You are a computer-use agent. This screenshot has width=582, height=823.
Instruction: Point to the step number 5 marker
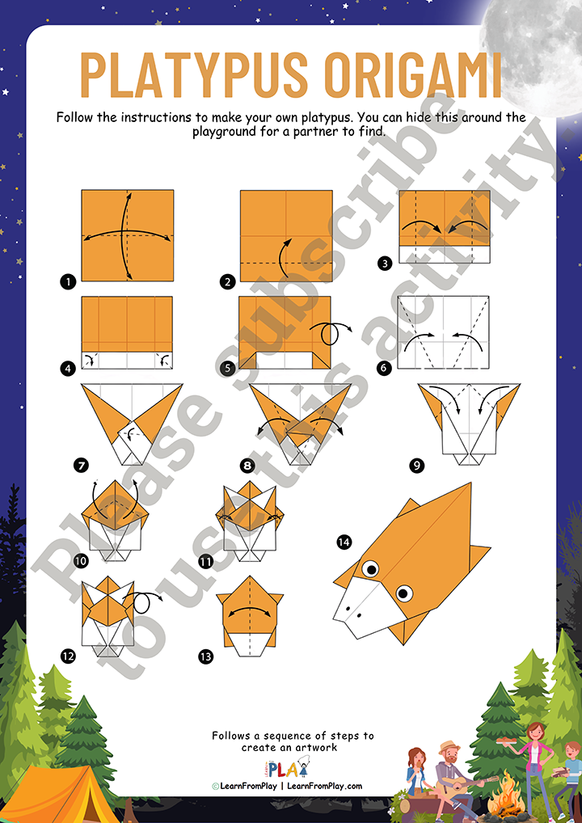tap(226, 369)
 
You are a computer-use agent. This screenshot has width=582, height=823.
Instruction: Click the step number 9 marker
tap(416, 465)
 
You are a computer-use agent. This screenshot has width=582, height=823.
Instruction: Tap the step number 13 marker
tap(205, 656)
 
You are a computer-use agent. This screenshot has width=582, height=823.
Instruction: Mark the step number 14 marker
tap(344, 542)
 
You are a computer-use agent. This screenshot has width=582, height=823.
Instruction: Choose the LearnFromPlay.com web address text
tap(324, 786)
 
